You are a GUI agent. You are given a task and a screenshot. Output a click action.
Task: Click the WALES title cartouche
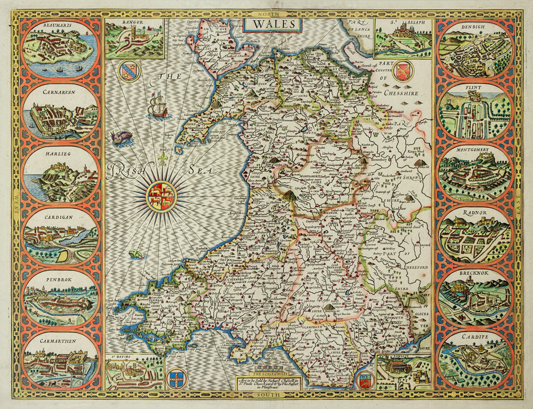tap(272, 24)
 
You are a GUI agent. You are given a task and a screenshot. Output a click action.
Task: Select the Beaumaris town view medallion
tap(60, 49)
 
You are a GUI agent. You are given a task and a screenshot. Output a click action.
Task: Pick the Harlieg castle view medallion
tap(60, 174)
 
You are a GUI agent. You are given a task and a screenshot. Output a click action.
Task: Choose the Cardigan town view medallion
tap(60, 236)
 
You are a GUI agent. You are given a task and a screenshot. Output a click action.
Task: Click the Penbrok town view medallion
tap(60, 298)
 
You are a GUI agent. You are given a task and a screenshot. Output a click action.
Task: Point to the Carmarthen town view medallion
tap(60, 360)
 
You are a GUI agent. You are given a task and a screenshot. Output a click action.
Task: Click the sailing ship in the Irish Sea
tap(158, 106)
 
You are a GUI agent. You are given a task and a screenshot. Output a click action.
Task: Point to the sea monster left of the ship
tap(122, 138)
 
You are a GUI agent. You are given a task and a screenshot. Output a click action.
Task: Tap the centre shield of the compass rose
tap(161, 196)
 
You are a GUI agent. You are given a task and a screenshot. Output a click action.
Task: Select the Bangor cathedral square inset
tap(134, 38)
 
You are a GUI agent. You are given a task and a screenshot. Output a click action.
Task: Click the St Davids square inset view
tap(134, 372)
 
